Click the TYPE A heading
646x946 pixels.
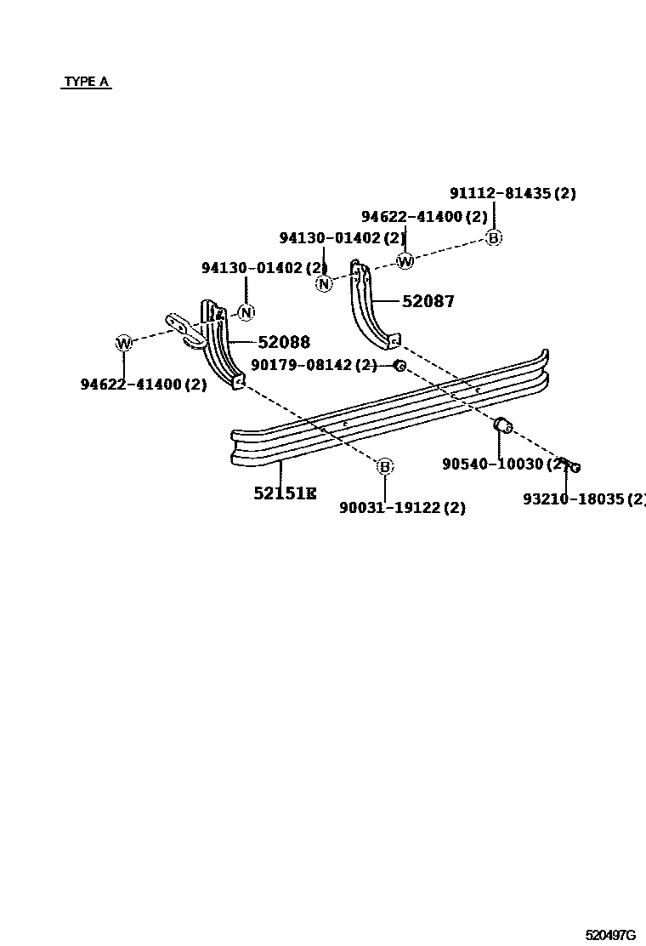(x=87, y=83)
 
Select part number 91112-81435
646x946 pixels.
(x=513, y=193)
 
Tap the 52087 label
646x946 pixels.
(x=428, y=301)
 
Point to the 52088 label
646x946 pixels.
(x=284, y=342)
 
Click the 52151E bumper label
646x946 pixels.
(x=285, y=493)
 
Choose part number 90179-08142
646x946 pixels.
(x=314, y=365)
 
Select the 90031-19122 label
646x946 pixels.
(x=402, y=508)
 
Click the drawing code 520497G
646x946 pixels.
(x=609, y=934)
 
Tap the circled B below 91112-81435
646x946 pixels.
(x=494, y=238)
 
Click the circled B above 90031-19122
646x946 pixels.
(x=385, y=466)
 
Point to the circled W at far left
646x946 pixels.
(x=124, y=344)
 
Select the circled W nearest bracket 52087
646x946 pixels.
(x=405, y=261)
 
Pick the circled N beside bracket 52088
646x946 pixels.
(x=246, y=313)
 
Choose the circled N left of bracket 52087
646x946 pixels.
(x=324, y=284)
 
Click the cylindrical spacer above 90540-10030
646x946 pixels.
(x=502, y=425)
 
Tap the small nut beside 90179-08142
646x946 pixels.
(x=399, y=366)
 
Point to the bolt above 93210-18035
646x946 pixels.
(x=569, y=464)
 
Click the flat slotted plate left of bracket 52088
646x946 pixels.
(x=184, y=329)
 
